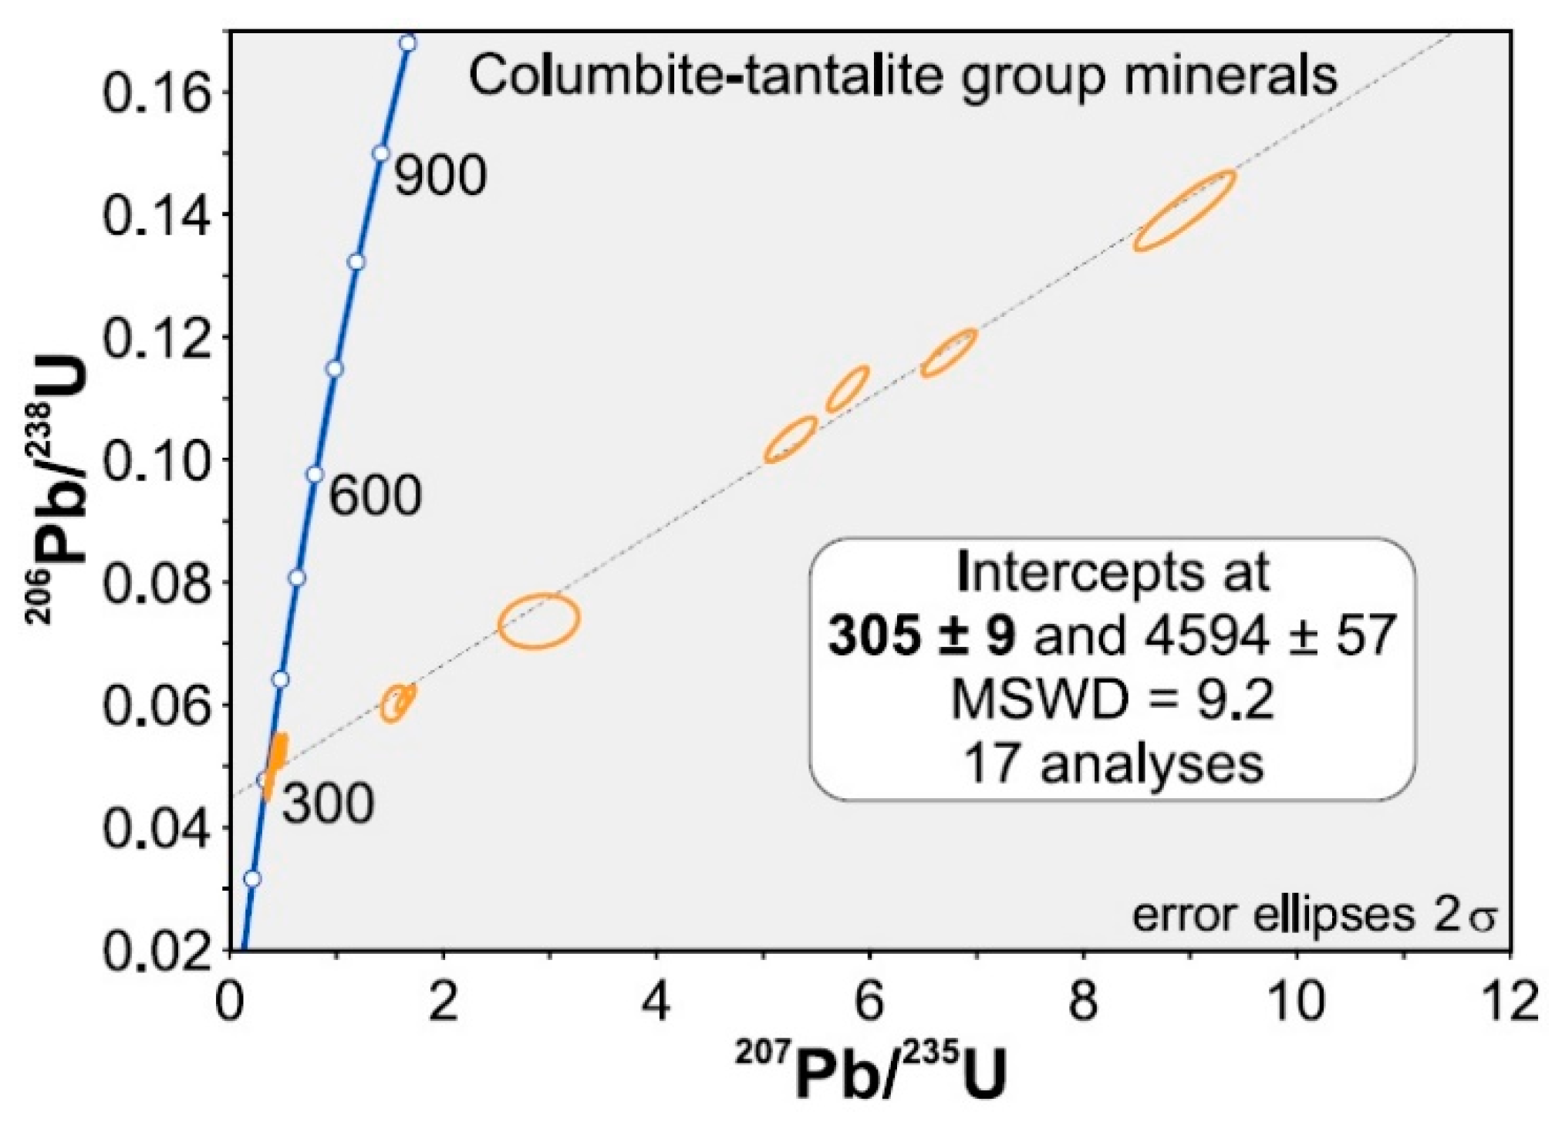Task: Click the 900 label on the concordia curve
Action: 440,176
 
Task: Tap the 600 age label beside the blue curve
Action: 375,495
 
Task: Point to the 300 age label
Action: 327,804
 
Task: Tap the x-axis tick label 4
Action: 656,1002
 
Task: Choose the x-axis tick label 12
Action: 1509,1002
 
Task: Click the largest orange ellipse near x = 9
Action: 1184,210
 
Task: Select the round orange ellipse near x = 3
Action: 538,620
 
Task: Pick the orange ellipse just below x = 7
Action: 949,353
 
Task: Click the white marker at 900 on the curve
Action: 380,153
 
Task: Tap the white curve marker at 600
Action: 314,474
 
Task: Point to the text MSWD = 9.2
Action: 1112,700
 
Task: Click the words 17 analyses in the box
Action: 1113,764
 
